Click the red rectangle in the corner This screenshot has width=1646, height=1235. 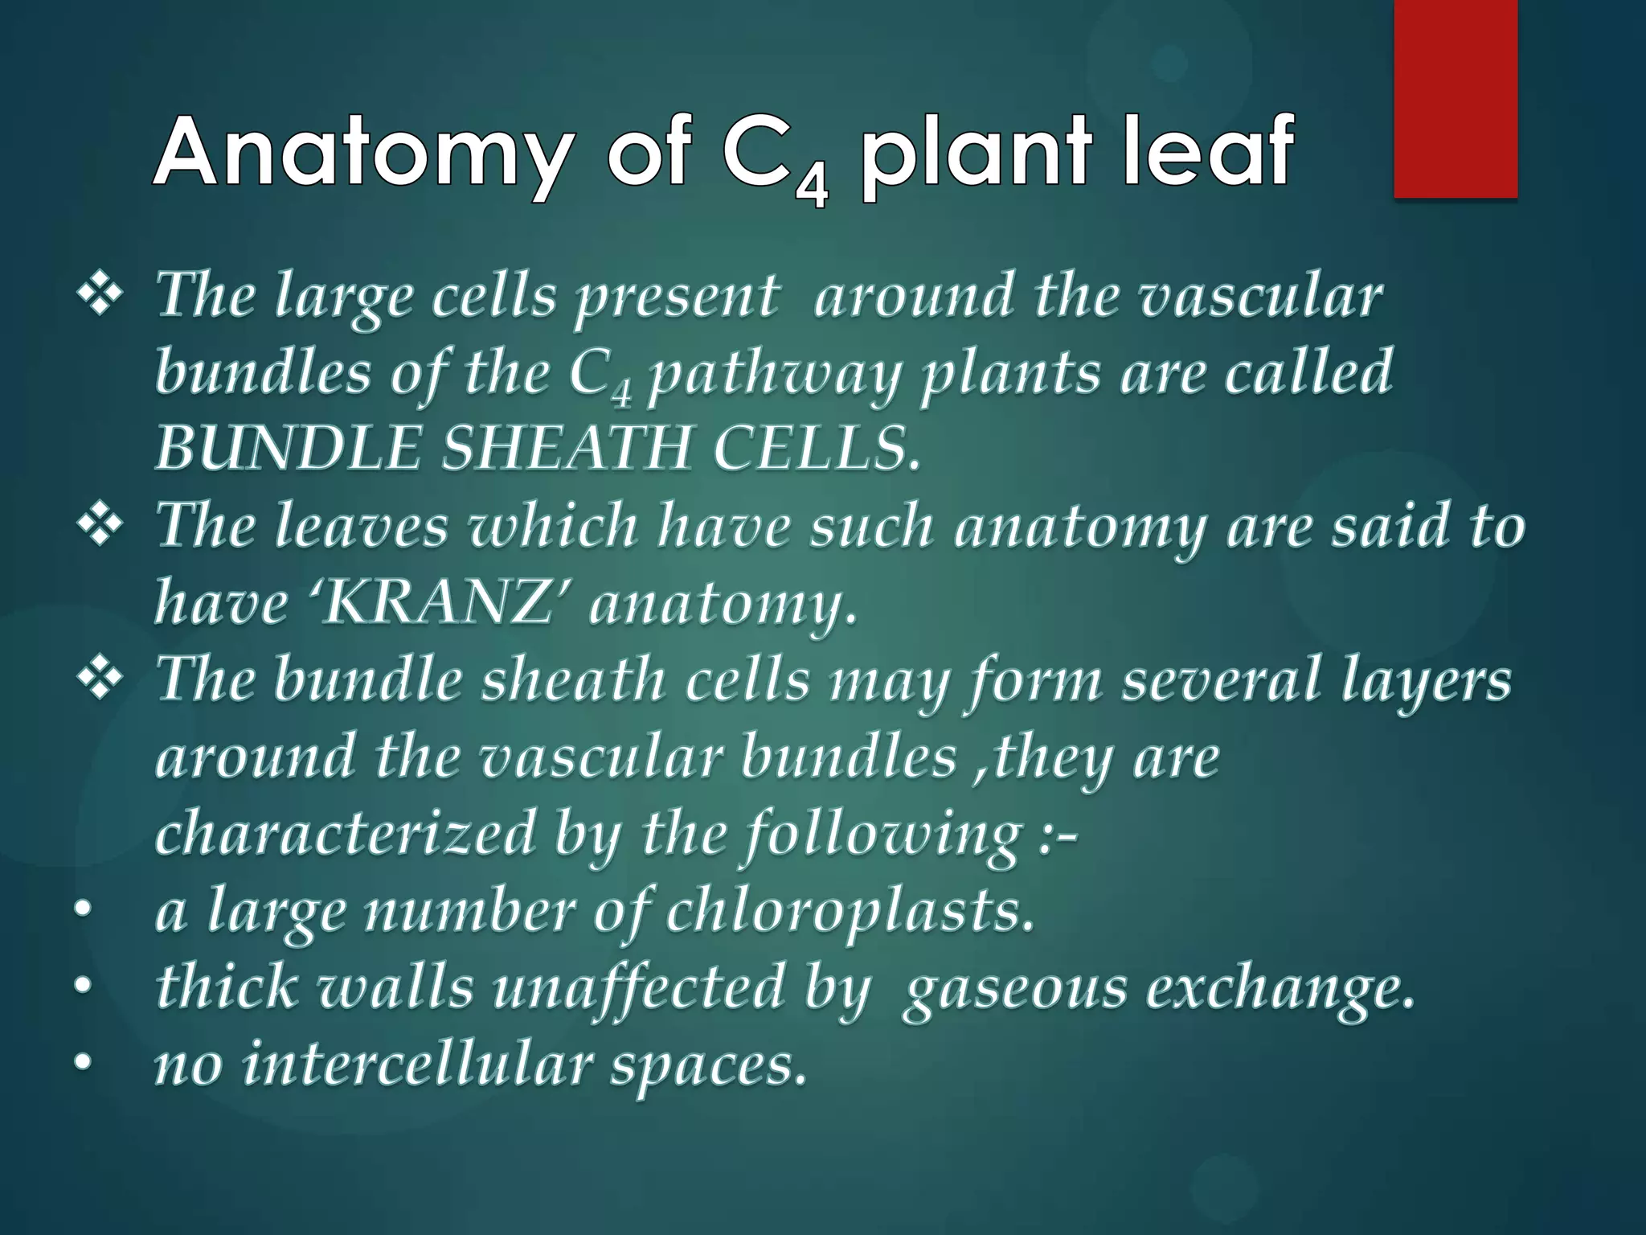click(x=1455, y=98)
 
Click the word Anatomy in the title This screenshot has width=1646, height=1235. click(x=361, y=153)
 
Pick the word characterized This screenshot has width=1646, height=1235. click(x=345, y=834)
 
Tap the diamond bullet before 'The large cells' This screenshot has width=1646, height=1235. click(x=100, y=295)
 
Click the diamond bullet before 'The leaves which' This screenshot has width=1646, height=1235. click(x=100, y=527)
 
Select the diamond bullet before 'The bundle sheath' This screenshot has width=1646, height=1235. click(x=100, y=680)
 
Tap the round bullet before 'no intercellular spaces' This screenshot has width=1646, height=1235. click(x=82, y=1065)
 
